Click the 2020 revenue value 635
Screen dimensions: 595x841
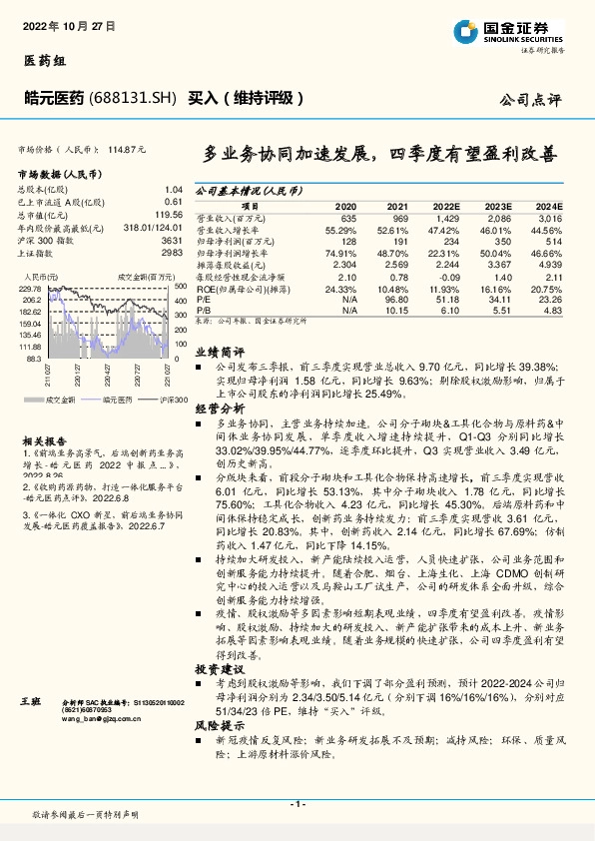pyautogui.click(x=347, y=217)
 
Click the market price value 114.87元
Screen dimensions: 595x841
pyautogui.click(x=127, y=149)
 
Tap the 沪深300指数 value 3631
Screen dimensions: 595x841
pyautogui.click(x=171, y=242)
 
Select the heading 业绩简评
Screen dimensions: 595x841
pyautogui.click(x=219, y=352)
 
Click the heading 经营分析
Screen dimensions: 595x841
pyautogui.click(x=219, y=409)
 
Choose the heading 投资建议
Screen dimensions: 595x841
pyautogui.click(x=219, y=666)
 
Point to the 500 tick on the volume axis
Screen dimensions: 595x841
pyautogui.click(x=180, y=288)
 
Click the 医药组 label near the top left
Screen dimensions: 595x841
pyautogui.click(x=43, y=60)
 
